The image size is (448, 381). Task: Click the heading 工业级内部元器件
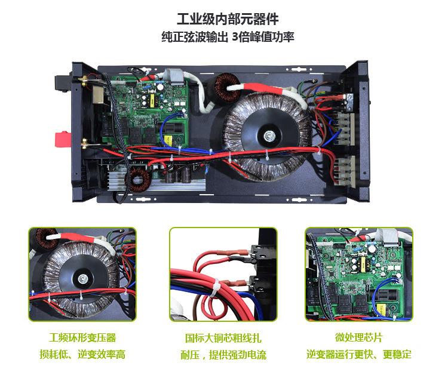228,19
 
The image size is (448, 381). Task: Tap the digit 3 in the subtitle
235,38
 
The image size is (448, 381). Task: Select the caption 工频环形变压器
82,337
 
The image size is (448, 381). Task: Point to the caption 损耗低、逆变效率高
82,355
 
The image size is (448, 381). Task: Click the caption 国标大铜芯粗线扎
223,338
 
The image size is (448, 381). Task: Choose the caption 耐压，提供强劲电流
223,355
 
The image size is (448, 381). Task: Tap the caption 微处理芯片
358,337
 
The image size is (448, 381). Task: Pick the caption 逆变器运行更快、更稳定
359,354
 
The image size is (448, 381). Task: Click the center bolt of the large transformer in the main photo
269,136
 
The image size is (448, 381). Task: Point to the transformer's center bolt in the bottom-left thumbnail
83,278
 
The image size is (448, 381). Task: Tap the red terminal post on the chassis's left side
62,139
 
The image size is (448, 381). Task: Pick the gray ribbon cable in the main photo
174,76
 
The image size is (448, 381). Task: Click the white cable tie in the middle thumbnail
215,288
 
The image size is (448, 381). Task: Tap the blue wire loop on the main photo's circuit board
169,128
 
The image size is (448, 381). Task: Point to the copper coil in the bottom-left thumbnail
47,238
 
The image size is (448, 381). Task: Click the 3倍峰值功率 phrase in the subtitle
263,38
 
